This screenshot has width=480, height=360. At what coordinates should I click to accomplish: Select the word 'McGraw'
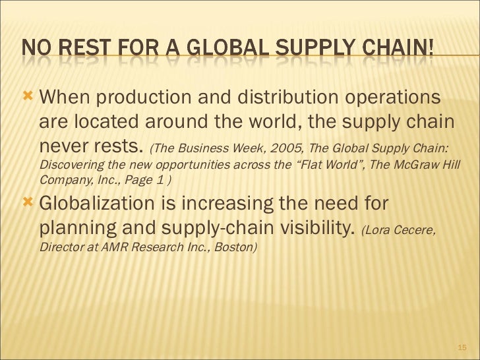coord(421,164)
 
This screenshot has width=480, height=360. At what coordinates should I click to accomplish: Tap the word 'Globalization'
coord(107,204)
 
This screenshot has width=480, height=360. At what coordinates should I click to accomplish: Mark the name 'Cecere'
coord(414,229)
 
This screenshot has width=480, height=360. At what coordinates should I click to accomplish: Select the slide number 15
coord(461,347)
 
